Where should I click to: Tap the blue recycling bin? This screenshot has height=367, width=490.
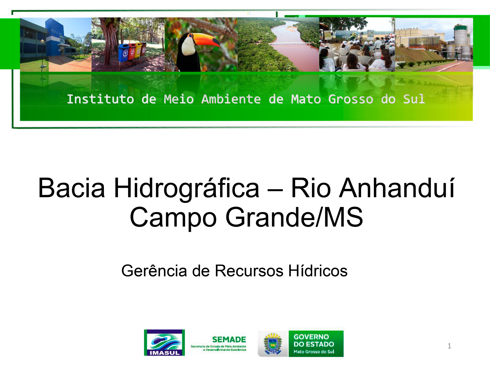click(x=124, y=52)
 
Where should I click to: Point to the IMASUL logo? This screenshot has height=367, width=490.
click(x=164, y=343)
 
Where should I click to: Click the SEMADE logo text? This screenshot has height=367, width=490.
click(x=229, y=339)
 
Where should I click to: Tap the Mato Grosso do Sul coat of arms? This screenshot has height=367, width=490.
click(x=273, y=344)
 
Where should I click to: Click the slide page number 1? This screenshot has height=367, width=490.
click(x=449, y=346)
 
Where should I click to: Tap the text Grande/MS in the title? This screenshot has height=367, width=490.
click(x=294, y=217)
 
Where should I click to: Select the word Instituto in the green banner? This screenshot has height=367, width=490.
click(x=100, y=99)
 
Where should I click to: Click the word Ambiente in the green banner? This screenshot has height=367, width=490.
click(x=231, y=99)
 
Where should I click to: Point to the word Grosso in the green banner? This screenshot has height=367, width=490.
click(x=351, y=99)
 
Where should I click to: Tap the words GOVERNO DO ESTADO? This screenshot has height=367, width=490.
click(x=314, y=340)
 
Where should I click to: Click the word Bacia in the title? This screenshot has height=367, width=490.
click(x=71, y=188)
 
